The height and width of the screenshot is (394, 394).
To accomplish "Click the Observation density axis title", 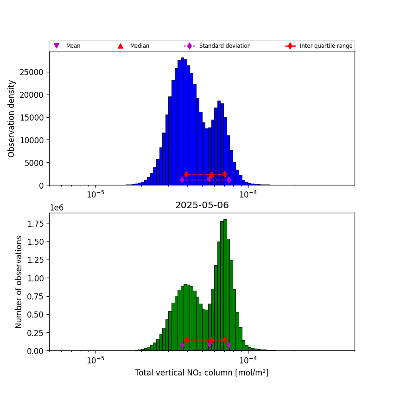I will [12, 118].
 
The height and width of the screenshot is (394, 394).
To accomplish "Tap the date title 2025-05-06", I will [202, 205].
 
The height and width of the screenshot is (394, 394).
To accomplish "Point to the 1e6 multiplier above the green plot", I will [57, 208].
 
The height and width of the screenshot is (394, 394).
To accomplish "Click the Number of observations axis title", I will [19, 282].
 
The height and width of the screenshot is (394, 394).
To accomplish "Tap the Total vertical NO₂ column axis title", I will [202, 373].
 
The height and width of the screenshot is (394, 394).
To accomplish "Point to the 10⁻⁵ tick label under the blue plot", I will [95, 194].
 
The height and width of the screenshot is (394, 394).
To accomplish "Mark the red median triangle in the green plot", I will [211, 340].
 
